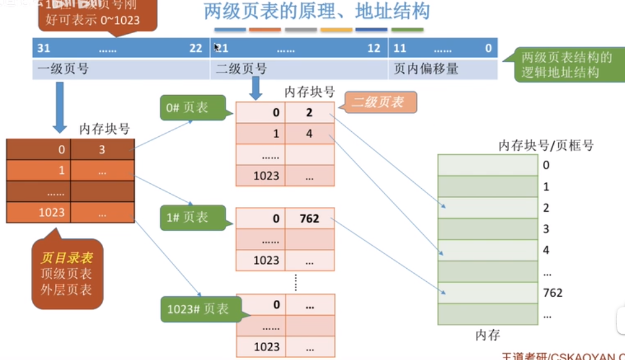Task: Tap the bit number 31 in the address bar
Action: [x=44, y=48]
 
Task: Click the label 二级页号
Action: [x=241, y=69]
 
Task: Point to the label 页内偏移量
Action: [x=426, y=69]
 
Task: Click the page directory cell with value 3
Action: [x=102, y=150]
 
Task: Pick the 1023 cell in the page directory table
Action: [x=52, y=212]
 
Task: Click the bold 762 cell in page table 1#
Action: [x=309, y=219]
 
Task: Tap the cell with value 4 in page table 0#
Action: [x=309, y=134]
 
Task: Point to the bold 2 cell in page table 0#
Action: [x=309, y=113]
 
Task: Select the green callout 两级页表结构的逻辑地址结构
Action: [x=566, y=64]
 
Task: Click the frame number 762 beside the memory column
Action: [x=552, y=292]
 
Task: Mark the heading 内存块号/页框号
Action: [x=546, y=146]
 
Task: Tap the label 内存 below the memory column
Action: [x=487, y=335]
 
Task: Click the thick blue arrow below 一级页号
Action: [x=60, y=106]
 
